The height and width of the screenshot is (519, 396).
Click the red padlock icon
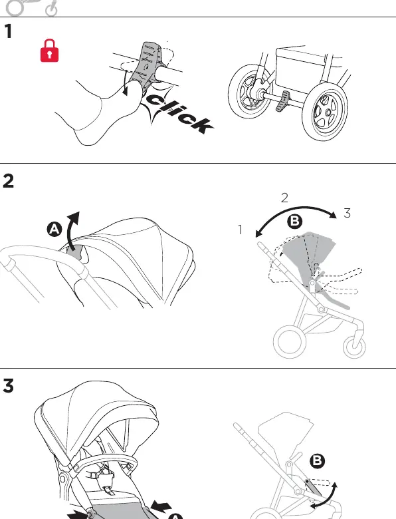pos(50,51)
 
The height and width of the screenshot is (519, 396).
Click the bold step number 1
pos(8,31)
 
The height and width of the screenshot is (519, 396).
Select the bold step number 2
pos(8,181)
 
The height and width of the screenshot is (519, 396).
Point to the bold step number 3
pos(8,386)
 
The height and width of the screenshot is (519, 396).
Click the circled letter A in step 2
pos(54,230)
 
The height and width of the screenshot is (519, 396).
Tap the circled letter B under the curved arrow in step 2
pos(294,222)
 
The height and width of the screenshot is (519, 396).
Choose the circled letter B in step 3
pos(317,461)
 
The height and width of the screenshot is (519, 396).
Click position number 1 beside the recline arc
pos(241,230)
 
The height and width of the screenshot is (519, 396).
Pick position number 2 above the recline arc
pos(284,198)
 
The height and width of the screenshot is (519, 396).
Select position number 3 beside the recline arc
pos(347,213)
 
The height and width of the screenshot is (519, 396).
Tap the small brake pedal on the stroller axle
pos(284,102)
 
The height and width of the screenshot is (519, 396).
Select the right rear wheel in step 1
pos(325,112)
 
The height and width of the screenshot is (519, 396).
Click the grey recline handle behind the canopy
pos(75,252)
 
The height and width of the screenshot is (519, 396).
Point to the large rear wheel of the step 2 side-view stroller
pos(290,342)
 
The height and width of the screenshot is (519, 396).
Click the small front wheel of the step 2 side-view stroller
pos(354,347)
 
